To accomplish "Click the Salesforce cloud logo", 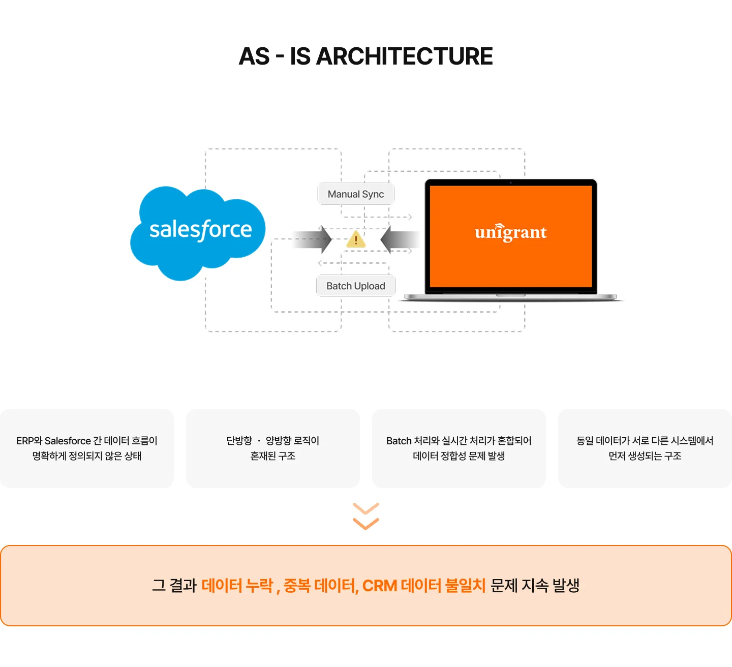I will [198, 231].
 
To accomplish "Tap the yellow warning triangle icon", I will [356, 239].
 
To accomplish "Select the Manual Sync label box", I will [356, 194].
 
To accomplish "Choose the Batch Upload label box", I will [356, 286].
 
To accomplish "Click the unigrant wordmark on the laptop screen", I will [510, 232].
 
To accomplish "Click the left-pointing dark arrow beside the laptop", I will [400, 239].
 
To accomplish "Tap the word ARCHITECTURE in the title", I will [404, 56].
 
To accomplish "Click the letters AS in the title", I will [254, 56].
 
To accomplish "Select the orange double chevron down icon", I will [366, 516].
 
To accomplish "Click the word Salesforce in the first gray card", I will [68, 441].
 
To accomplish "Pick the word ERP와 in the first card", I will [29, 441].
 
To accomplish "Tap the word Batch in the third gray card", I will [399, 441].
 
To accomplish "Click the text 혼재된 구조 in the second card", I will [273, 456].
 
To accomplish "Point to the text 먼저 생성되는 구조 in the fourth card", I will [645, 456].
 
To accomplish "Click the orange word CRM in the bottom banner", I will [379, 586].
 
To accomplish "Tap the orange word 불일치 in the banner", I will [465, 586].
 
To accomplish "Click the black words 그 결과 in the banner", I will [174, 586].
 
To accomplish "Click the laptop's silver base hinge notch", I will [510, 295].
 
